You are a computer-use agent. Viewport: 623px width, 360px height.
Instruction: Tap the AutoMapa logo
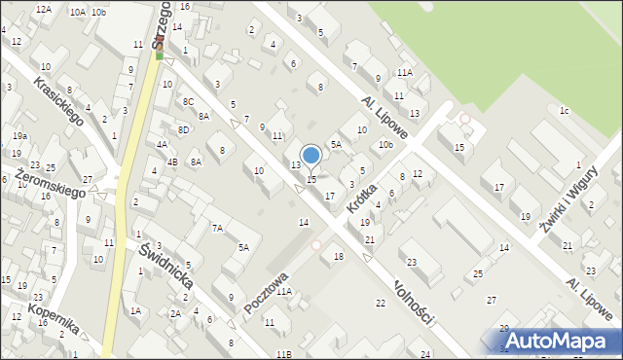point(558,341)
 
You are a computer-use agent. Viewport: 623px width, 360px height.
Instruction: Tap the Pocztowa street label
point(267,291)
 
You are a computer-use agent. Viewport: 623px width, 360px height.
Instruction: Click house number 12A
point(43,9)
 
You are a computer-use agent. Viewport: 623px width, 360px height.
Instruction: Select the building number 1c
point(564,110)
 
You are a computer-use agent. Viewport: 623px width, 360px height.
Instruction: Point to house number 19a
point(19,136)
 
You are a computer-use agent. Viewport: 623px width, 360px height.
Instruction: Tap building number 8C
point(188,102)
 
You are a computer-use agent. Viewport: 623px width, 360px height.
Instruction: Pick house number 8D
point(182,129)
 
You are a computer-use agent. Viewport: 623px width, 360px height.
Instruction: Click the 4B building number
point(172,162)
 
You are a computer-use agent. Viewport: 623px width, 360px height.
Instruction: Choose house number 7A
point(218,228)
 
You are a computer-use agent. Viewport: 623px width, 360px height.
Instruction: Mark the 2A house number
point(175,313)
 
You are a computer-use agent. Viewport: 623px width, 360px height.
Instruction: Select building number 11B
point(283,354)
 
